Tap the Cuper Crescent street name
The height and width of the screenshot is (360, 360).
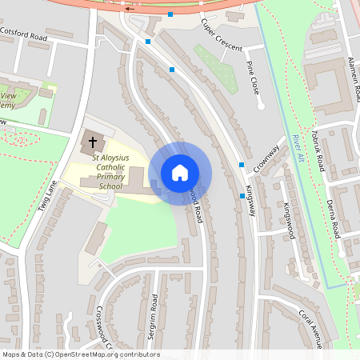(x=222, y=36)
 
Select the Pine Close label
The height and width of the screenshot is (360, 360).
(x=255, y=78)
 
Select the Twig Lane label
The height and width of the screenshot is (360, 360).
(x=48, y=196)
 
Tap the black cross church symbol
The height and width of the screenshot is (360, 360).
(x=92, y=143)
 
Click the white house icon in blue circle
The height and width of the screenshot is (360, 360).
(x=180, y=173)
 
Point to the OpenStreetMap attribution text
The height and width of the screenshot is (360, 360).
(x=81, y=354)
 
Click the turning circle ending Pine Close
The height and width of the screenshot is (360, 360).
(x=260, y=105)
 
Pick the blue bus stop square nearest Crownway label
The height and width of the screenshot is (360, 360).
(x=242, y=165)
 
